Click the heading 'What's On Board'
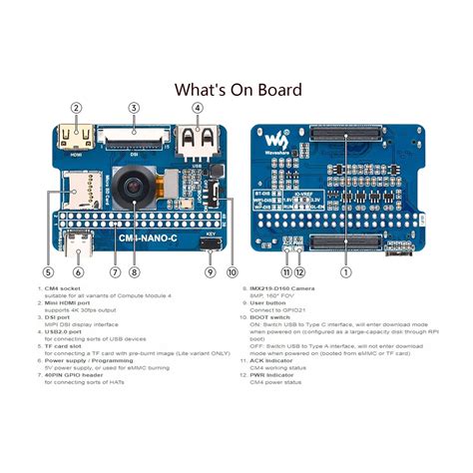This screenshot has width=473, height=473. pos(237,90)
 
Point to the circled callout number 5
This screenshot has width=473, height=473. pos(47,270)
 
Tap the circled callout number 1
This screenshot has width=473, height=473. pos(345,270)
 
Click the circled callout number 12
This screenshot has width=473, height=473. pos(300,270)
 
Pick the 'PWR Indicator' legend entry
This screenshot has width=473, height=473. pos(273,374)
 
